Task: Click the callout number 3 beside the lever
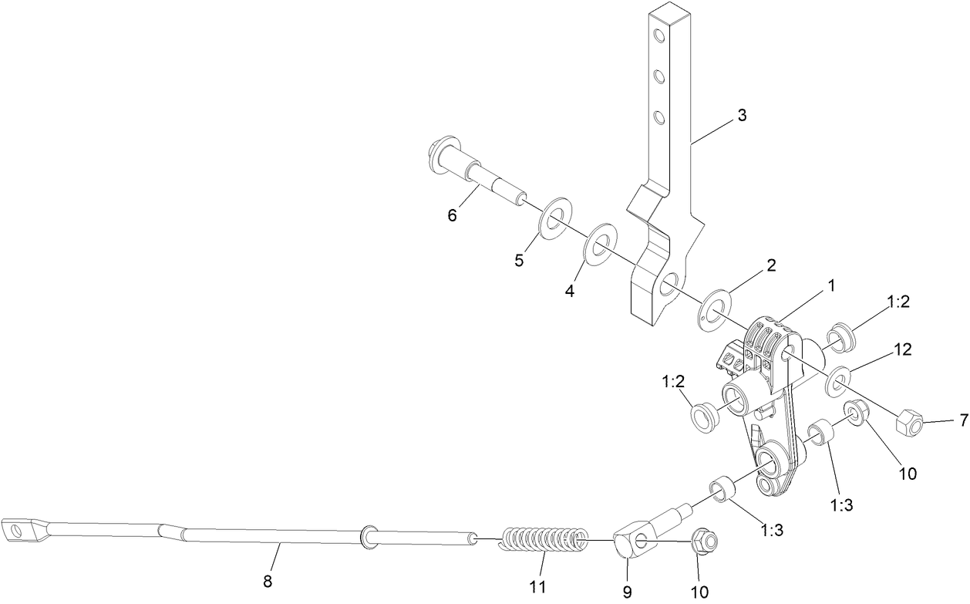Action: pyautogui.click(x=741, y=116)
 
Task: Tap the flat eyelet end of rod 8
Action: pyautogui.click(x=19, y=530)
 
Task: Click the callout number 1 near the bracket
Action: pyautogui.click(x=830, y=286)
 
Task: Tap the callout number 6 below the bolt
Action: pyautogui.click(x=453, y=215)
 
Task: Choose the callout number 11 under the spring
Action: pyautogui.click(x=537, y=586)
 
